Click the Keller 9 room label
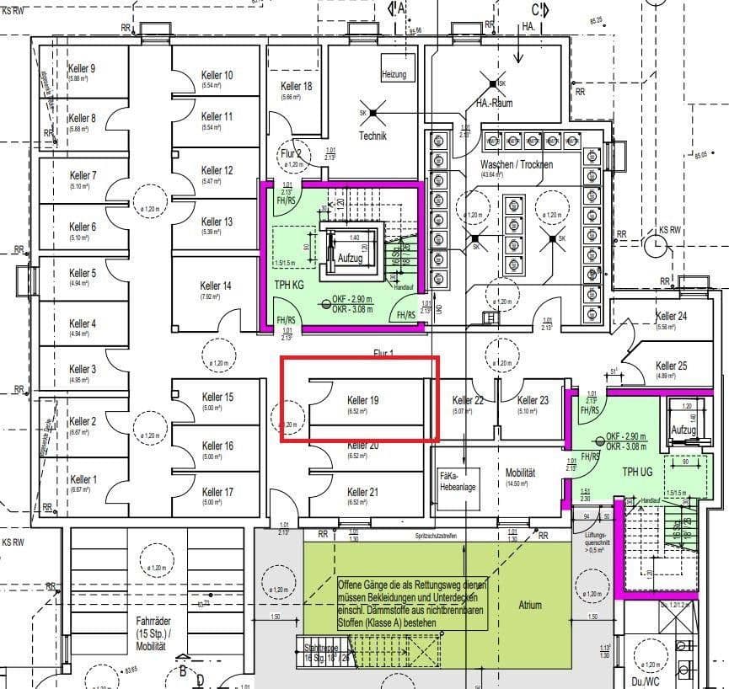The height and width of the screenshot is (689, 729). click(82, 68)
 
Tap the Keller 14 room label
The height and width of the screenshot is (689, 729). click(216, 286)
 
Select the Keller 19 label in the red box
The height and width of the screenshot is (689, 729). click(362, 401)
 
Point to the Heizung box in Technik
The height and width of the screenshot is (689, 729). click(394, 74)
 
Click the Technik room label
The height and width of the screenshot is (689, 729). click(373, 136)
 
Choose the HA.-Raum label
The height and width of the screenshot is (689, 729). click(494, 103)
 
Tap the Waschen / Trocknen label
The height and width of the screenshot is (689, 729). click(517, 164)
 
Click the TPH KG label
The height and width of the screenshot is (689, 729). click(288, 286)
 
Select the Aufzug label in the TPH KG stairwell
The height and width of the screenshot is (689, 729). click(350, 259)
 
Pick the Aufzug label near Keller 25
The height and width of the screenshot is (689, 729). click(684, 430)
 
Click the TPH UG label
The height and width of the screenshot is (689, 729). click(637, 472)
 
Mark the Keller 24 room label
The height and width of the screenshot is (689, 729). click(671, 316)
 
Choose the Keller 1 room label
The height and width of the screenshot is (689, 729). click(83, 479)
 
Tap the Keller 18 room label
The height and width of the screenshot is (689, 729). click(296, 87)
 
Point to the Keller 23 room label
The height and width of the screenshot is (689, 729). click(533, 401)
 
